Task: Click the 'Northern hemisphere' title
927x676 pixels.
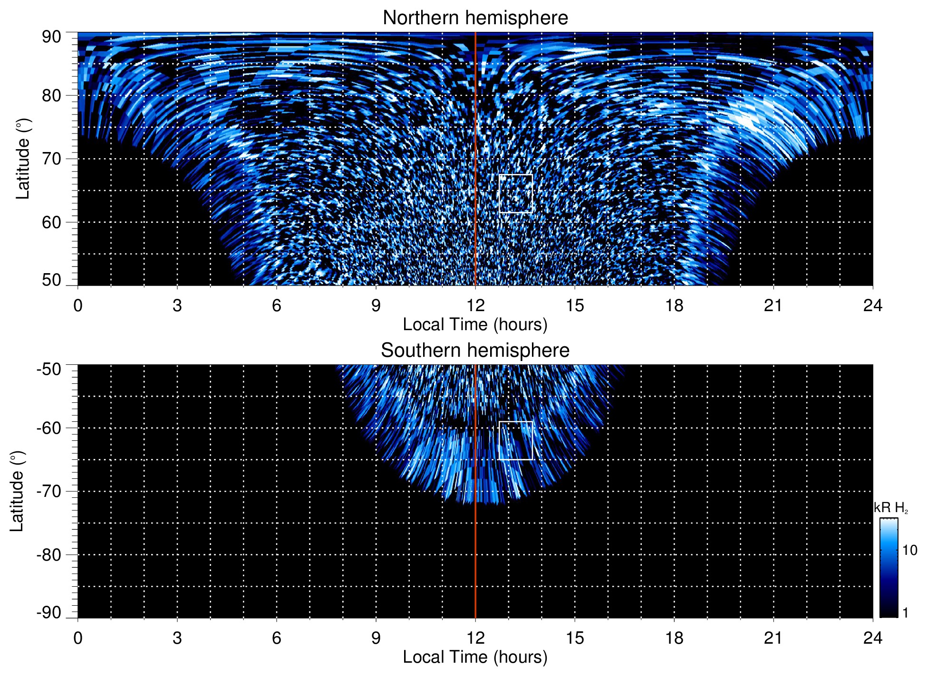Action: (475, 18)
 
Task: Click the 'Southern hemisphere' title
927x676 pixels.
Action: (475, 351)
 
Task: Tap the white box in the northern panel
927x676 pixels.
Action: (516, 193)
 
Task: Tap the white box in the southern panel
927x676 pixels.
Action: (516, 440)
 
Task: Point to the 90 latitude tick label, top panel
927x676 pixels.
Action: (51, 37)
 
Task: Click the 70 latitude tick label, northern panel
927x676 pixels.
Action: (51, 159)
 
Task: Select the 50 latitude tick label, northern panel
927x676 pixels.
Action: (51, 280)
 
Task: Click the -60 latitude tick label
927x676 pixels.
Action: (49, 428)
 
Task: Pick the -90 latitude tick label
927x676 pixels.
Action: (49, 612)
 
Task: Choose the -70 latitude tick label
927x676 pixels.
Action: (49, 491)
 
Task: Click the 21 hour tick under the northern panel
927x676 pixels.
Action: (773, 305)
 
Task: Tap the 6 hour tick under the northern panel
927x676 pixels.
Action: (277, 305)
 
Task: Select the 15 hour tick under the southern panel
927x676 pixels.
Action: (575, 638)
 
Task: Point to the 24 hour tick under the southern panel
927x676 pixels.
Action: (873, 638)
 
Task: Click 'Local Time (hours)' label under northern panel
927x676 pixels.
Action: (475, 324)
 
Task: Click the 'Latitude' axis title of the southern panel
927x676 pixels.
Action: (17, 491)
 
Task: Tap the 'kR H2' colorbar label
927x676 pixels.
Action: (891, 508)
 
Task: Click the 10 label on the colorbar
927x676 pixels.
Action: (909, 550)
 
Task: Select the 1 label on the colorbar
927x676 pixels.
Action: (905, 613)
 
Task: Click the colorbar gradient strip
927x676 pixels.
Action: (888, 568)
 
